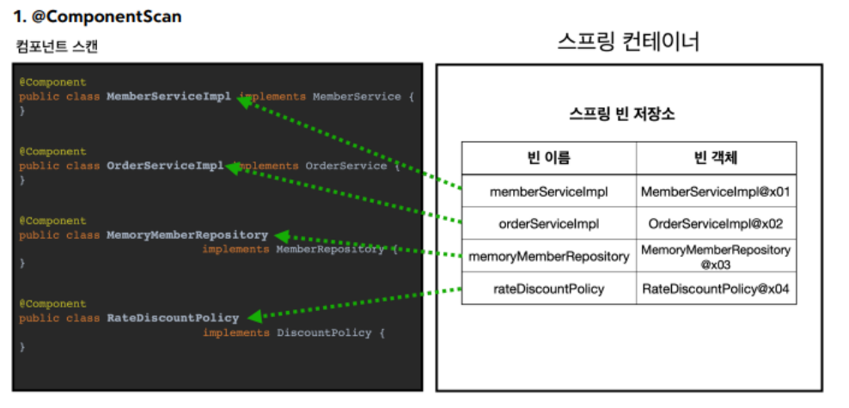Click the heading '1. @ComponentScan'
[x=97, y=16]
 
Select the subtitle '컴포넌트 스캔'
[x=57, y=46]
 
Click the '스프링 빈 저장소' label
[x=622, y=114]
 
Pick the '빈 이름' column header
[x=548, y=158]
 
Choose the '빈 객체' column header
[x=715, y=158]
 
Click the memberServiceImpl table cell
[x=548, y=192]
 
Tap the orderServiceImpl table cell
[x=548, y=223]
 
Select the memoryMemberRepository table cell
[x=548, y=256]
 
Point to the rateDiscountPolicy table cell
[x=548, y=289]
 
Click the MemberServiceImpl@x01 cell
[x=715, y=192]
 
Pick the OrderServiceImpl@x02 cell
[x=715, y=223]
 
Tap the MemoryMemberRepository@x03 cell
[x=715, y=256]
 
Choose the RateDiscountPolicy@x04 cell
[x=715, y=289]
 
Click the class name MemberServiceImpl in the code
[x=168, y=97]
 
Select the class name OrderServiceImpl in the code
[x=165, y=166]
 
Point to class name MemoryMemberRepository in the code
[x=187, y=234]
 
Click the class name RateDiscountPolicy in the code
[x=173, y=318]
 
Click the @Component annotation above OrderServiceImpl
[x=52, y=152]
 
